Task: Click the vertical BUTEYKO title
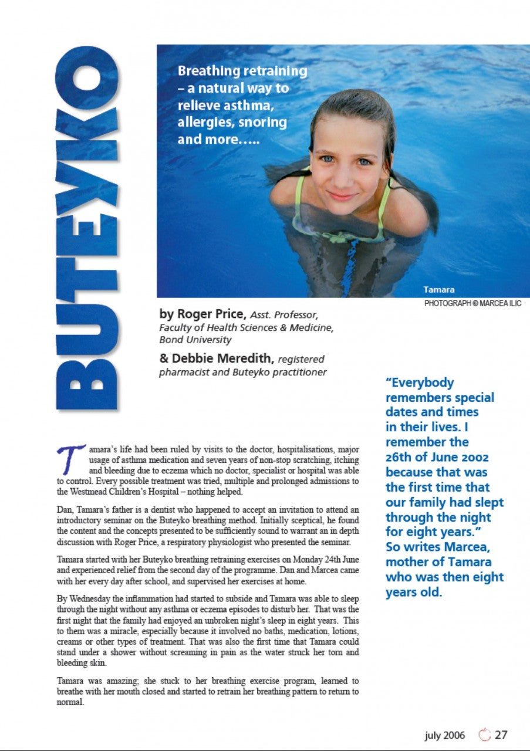[86, 229]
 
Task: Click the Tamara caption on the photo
[438, 289]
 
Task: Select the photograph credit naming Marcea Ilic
[472, 303]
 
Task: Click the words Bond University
[195, 340]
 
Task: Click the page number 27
[501, 735]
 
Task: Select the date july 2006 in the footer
[444, 735]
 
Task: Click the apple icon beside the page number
[484, 735]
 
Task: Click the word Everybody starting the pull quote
[420, 383]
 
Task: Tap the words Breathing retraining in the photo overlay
[242, 71]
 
